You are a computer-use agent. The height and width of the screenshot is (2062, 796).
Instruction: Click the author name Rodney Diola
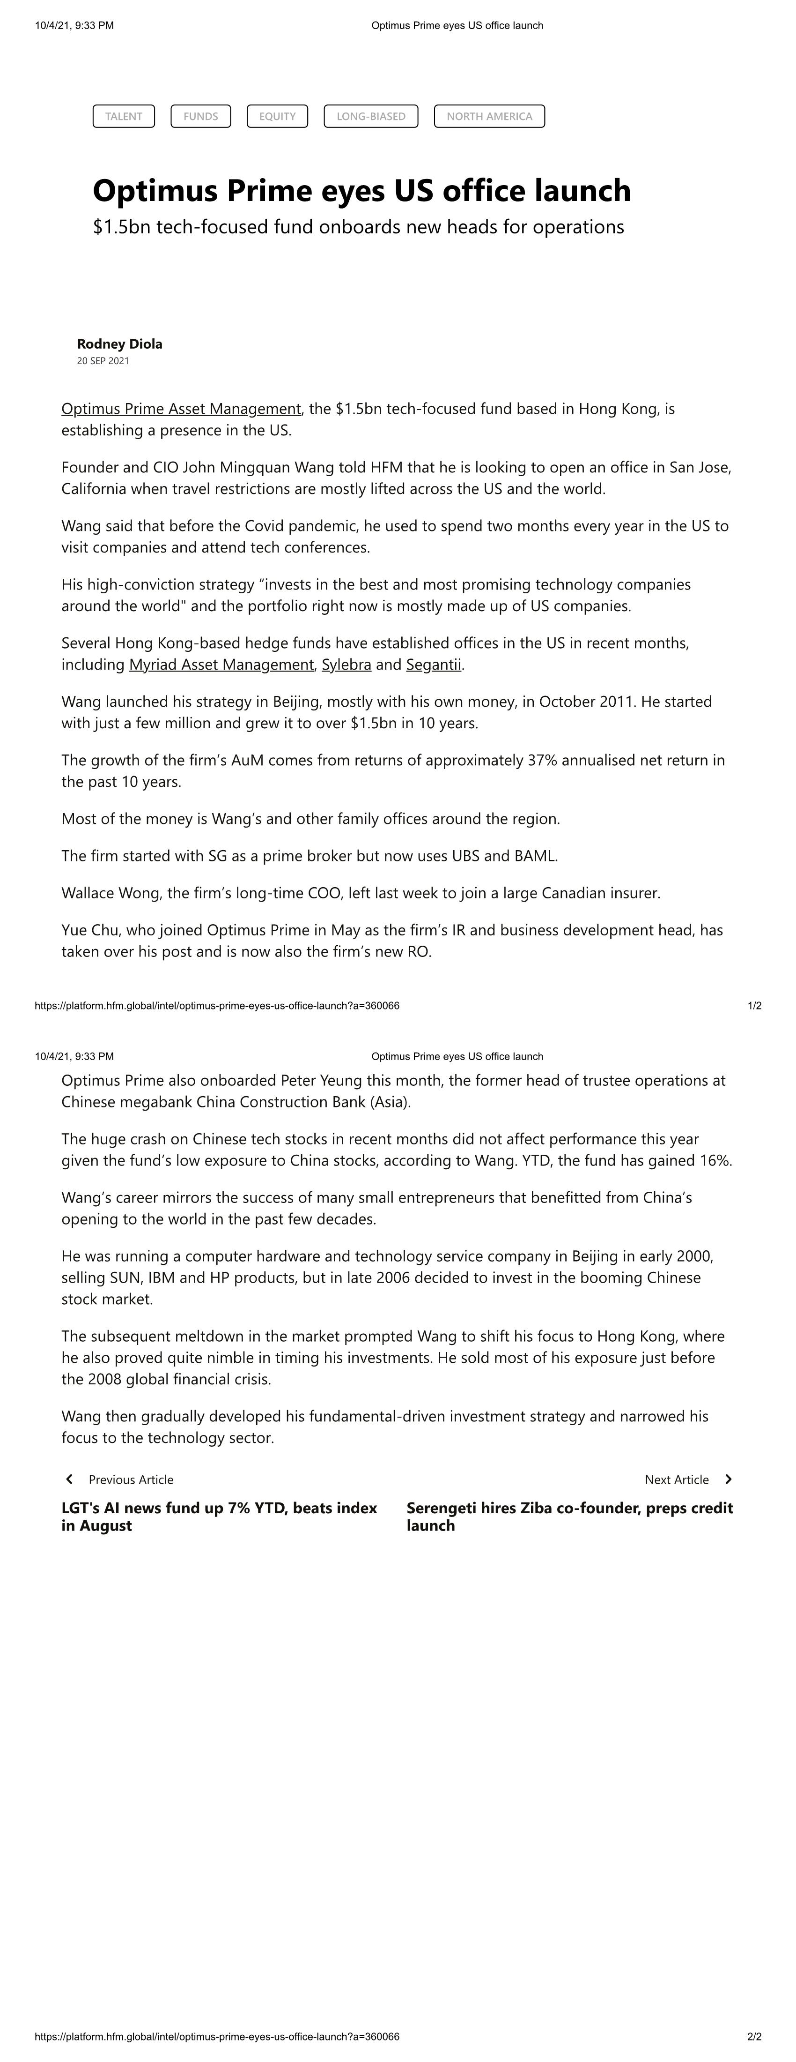pos(119,344)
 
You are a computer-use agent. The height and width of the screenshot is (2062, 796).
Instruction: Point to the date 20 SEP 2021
pos(103,361)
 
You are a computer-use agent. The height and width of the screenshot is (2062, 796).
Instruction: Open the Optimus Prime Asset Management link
pos(181,409)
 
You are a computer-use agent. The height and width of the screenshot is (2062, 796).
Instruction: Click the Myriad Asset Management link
pos(221,665)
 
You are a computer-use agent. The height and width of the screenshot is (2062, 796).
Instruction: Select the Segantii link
pos(433,665)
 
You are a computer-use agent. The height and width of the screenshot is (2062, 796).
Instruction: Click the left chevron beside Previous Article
pos(70,1479)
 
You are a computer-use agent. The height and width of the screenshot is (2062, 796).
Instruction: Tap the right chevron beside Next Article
pos(728,1479)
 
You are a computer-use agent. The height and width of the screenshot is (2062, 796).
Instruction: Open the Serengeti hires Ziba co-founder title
pos(569,1516)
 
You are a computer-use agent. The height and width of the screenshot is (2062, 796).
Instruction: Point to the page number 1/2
pos(753,1005)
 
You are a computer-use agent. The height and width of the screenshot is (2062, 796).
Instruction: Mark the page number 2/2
pos(753,2036)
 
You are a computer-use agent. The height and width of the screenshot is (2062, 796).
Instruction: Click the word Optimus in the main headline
pos(155,191)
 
